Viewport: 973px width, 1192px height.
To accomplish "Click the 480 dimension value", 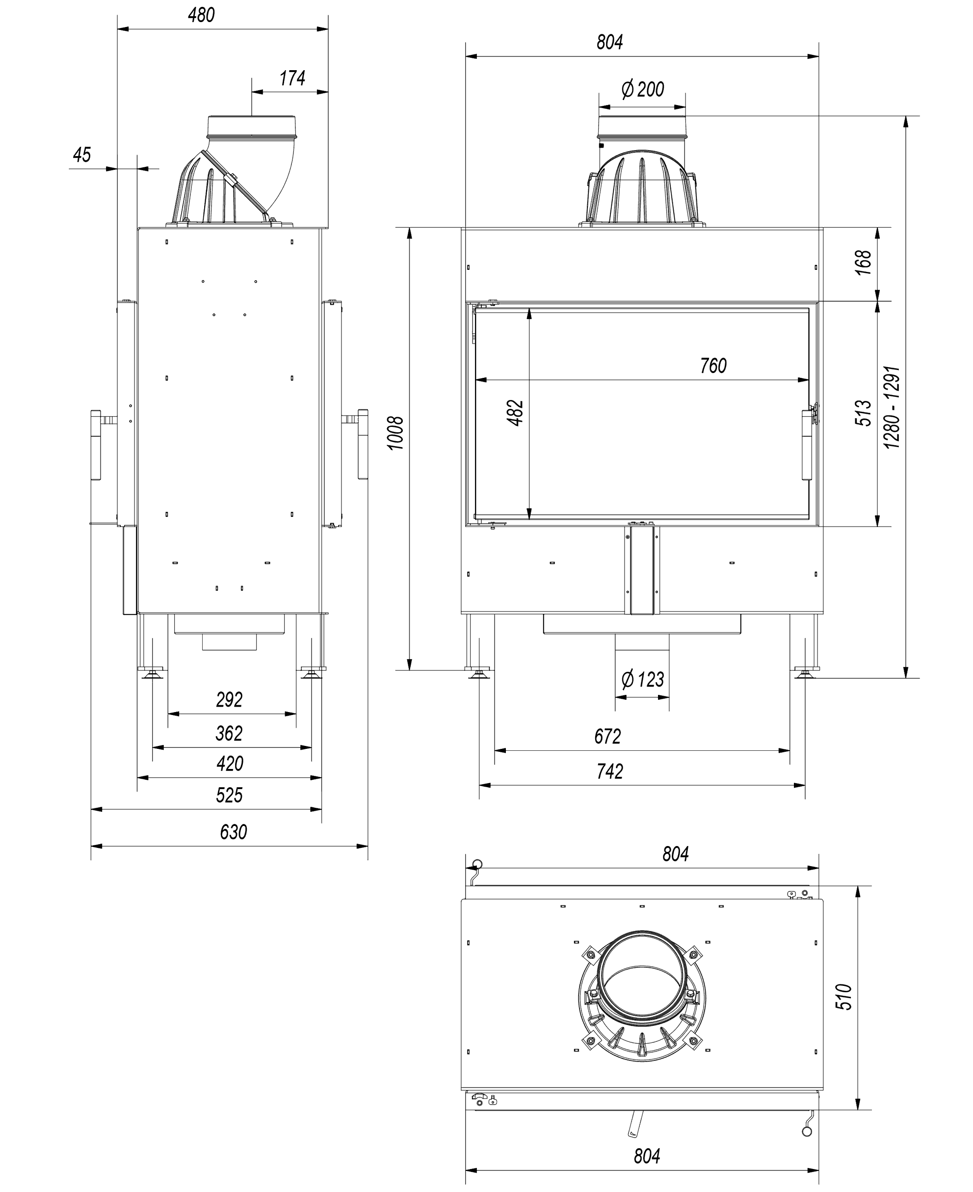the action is click(x=201, y=15).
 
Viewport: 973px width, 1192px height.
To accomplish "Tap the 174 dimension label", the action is click(x=292, y=79).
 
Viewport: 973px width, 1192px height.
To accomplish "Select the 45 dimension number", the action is click(x=82, y=155).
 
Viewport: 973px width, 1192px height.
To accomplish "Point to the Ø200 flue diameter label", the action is click(x=643, y=89).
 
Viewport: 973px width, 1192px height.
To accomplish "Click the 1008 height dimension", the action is click(x=395, y=433).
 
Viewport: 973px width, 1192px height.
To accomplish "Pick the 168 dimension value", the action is click(x=864, y=262).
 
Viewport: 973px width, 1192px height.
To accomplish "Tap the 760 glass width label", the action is click(x=713, y=366).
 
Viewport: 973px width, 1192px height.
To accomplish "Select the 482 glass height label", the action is click(x=515, y=413).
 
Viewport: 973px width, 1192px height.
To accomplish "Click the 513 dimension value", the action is click(x=864, y=413).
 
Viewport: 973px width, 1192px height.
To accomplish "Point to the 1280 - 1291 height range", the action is click(x=891, y=407).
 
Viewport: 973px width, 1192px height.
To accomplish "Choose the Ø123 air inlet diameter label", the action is click(x=643, y=680).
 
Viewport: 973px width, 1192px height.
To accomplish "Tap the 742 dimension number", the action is click(x=609, y=772).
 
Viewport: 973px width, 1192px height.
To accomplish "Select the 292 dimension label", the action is click(x=229, y=700).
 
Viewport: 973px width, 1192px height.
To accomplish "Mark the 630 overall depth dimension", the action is click(x=233, y=832).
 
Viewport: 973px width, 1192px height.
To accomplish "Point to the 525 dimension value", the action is click(x=229, y=795).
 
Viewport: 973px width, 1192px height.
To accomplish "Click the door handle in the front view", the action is click(x=807, y=445).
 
